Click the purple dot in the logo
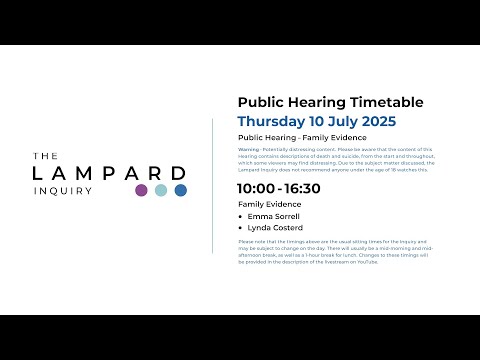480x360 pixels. (x=141, y=190)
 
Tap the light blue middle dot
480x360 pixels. (x=161, y=190)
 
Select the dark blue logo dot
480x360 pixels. (x=181, y=190)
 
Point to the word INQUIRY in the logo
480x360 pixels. (x=62, y=190)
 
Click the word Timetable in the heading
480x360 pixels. (x=384, y=102)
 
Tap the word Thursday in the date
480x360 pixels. (x=275, y=121)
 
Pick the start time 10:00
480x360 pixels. (x=256, y=188)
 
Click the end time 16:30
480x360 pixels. (x=302, y=188)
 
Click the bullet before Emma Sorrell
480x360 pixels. (x=241, y=216)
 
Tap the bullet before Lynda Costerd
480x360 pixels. (x=241, y=228)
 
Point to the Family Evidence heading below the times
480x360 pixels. (x=269, y=203)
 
